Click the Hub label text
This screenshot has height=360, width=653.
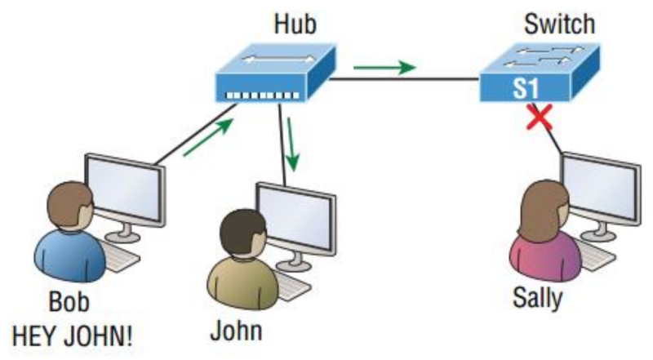click(x=295, y=24)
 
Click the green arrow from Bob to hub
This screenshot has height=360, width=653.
click(x=207, y=135)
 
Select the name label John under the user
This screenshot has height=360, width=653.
click(x=237, y=331)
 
